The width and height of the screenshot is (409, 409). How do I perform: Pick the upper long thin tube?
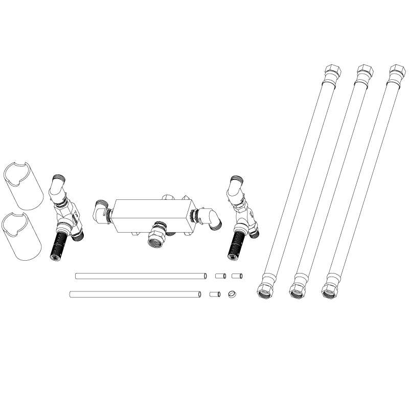click(x=141, y=276)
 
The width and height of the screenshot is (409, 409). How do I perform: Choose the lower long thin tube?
click(x=135, y=294)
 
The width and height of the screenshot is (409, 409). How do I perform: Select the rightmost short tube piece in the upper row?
click(x=237, y=276)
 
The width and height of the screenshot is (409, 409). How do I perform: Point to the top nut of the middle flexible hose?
click(x=363, y=72)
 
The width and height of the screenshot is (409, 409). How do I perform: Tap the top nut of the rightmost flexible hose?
click(x=395, y=72)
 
